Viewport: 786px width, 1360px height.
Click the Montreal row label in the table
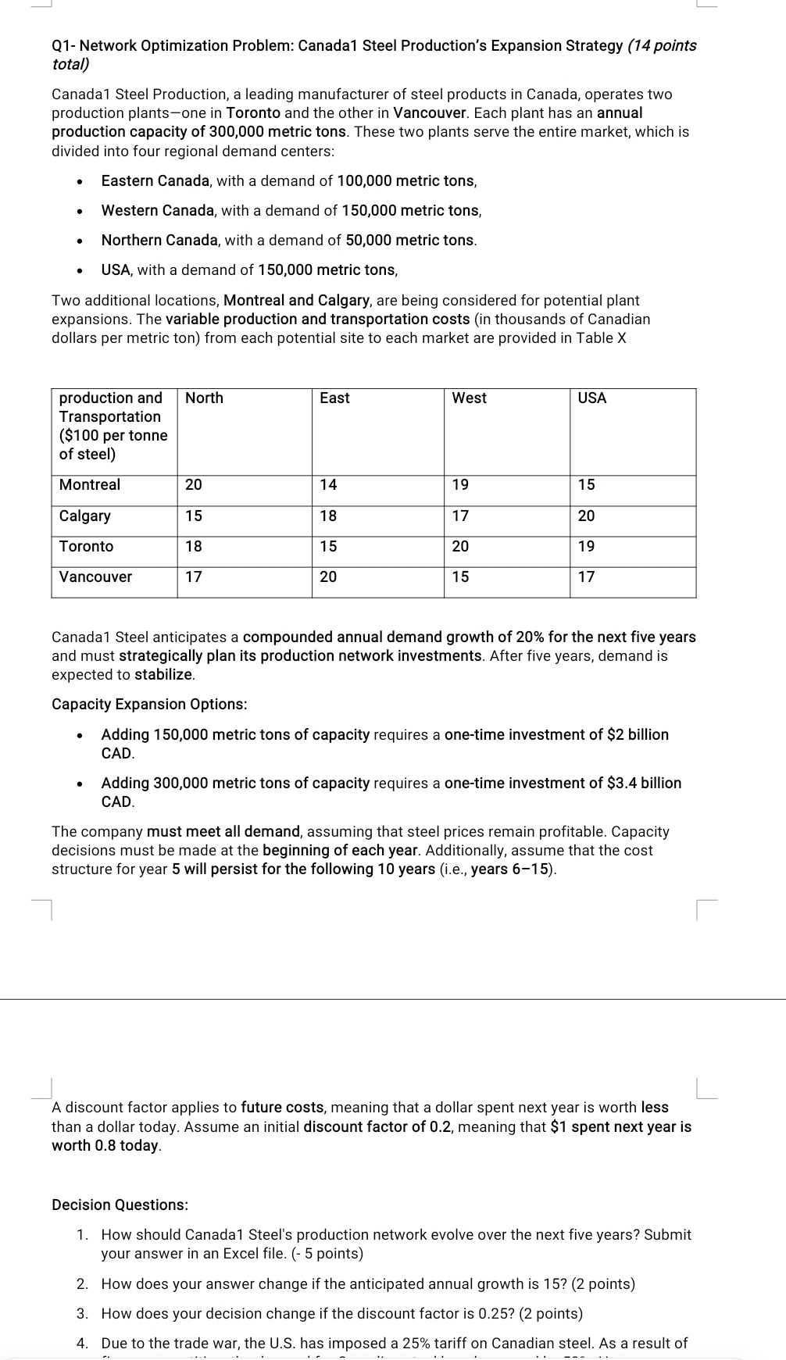point(90,484)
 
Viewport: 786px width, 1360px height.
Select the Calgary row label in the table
point(84,516)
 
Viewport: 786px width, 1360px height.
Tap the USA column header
point(591,398)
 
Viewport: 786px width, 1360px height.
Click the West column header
point(469,398)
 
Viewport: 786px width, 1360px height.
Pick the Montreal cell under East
point(328,484)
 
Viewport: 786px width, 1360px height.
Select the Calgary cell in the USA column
point(586,516)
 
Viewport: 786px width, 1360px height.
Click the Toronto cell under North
point(193,546)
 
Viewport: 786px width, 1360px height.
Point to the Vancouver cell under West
point(460,576)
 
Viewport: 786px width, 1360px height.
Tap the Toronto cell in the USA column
point(586,546)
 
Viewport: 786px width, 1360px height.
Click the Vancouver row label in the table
point(95,576)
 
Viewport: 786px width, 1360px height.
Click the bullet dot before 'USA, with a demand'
point(79,271)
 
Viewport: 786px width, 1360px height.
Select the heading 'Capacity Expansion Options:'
point(149,704)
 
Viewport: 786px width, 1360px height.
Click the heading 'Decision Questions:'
point(120,1205)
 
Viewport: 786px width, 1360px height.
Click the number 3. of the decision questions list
point(82,1313)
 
